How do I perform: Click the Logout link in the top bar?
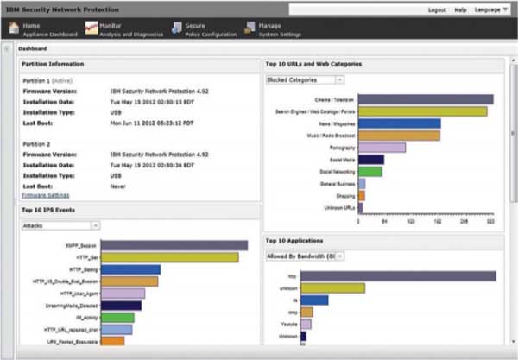438,9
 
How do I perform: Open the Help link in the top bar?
460,9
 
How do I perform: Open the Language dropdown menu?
490,9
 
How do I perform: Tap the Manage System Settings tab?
275,30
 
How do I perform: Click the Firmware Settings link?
45,195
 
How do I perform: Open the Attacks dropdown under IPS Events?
60,225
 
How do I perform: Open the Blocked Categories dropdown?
305,79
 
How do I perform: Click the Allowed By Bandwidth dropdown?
305,256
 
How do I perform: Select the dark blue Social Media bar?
370,160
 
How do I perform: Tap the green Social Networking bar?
370,172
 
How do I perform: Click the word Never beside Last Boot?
118,185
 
